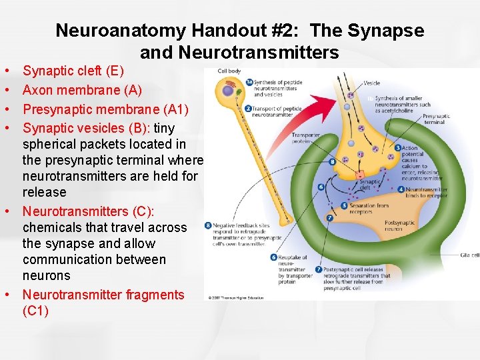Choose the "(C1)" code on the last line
(x=35, y=311)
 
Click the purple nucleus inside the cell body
(x=228, y=89)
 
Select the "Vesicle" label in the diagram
(x=372, y=83)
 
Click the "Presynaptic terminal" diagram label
(x=436, y=119)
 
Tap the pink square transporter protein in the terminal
(x=360, y=175)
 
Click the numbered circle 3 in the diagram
(x=398, y=148)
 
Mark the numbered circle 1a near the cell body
(x=249, y=83)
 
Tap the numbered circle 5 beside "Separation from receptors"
(x=344, y=205)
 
